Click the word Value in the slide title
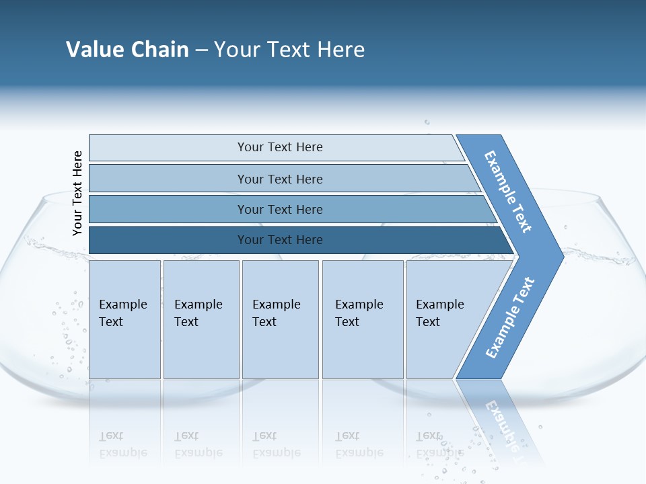tap(94, 50)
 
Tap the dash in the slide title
tap(201, 50)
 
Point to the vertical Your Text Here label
tap(77, 193)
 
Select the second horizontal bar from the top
tap(279, 179)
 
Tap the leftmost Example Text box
tap(124, 319)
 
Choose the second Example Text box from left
tap(201, 319)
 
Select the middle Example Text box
tap(280, 319)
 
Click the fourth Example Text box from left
tap(363, 319)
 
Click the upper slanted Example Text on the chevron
tap(508, 192)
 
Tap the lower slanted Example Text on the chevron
tap(509, 317)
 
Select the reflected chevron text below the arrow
tap(499, 424)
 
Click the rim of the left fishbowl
tap(54, 196)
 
